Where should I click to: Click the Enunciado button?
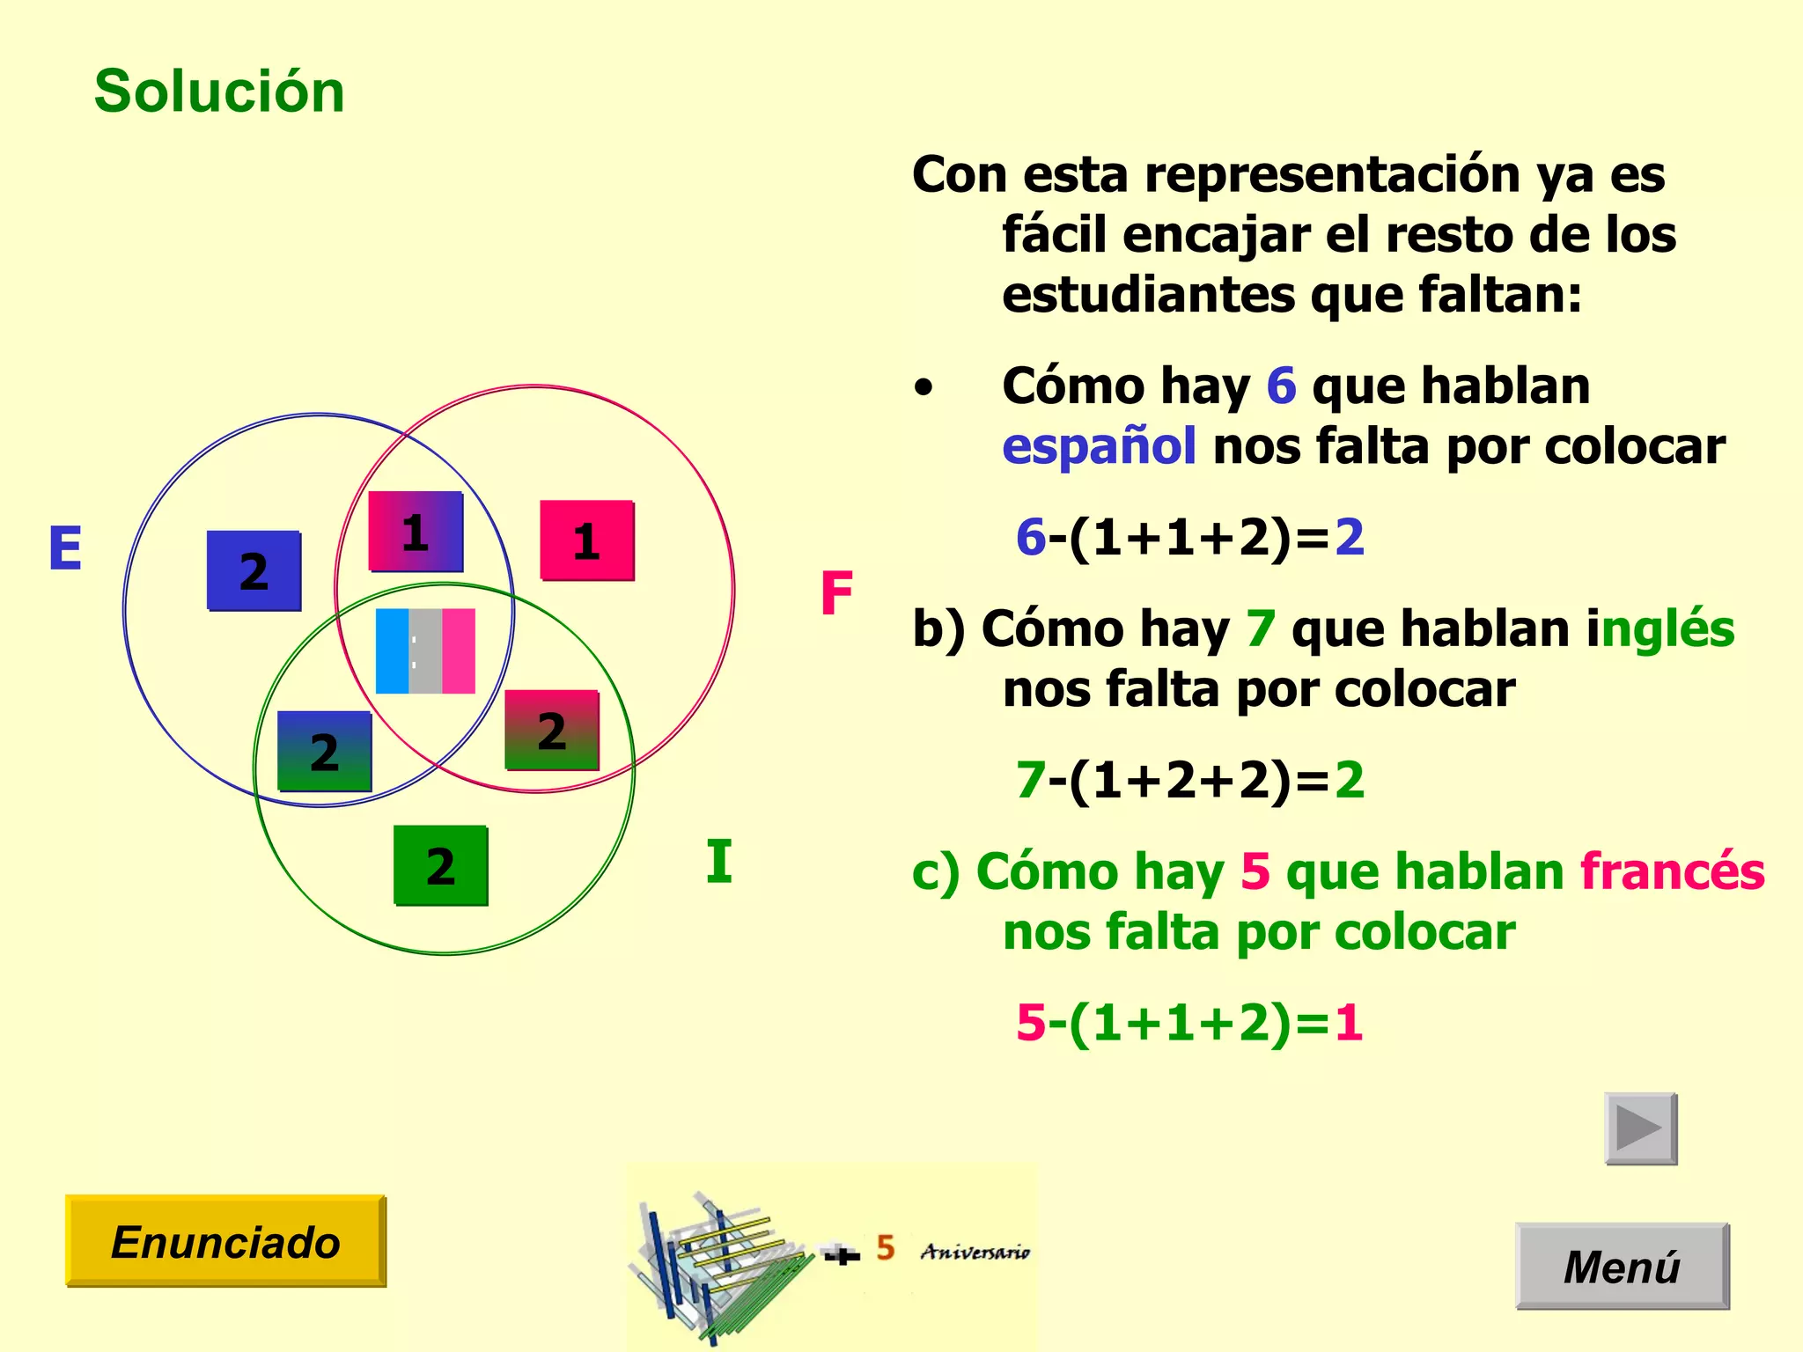coord(225,1241)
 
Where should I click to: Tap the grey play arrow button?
coord(1640,1128)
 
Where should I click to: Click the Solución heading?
coord(219,92)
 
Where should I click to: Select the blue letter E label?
coord(66,548)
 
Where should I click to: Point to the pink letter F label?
coord(836,593)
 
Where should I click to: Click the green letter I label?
coord(718,862)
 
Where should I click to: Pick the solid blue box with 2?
coord(254,571)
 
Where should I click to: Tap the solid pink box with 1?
coord(586,540)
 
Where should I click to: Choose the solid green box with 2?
coord(440,865)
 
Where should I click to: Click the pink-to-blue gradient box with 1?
coord(416,532)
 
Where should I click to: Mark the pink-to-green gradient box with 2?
coord(551,731)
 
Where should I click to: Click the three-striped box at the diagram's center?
coord(425,651)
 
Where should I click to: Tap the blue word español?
coord(1099,447)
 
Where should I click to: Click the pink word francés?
coord(1672,871)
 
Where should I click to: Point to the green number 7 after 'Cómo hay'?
coord(1261,629)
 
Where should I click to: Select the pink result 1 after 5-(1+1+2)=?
coord(1349,1023)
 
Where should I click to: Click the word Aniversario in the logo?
coord(975,1252)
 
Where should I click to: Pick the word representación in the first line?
coord(1332,174)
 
